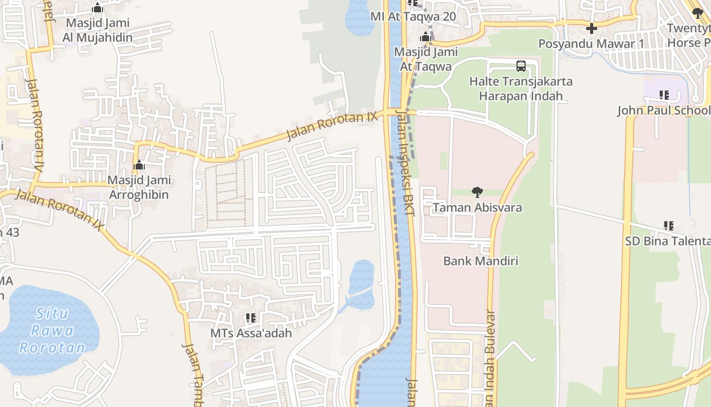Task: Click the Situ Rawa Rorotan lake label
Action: coord(52,331)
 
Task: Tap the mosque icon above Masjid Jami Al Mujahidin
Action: coord(98,8)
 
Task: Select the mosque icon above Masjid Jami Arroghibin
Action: coord(139,165)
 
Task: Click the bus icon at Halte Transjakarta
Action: coord(521,66)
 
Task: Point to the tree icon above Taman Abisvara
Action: coord(477,192)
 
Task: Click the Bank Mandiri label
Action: coord(480,261)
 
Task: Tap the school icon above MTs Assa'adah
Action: coord(251,318)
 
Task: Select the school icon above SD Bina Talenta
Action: coord(668,226)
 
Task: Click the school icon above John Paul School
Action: coord(664,95)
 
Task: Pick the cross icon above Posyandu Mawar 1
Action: coord(591,28)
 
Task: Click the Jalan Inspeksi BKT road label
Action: coord(405,163)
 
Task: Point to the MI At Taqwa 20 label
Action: coord(413,16)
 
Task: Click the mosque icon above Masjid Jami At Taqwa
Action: coord(426,37)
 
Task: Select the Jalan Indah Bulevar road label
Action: coord(490,356)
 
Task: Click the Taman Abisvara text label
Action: coord(477,208)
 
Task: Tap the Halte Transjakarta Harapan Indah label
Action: coord(521,89)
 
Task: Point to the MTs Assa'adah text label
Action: coord(251,333)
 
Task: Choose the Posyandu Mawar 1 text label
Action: coord(591,44)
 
